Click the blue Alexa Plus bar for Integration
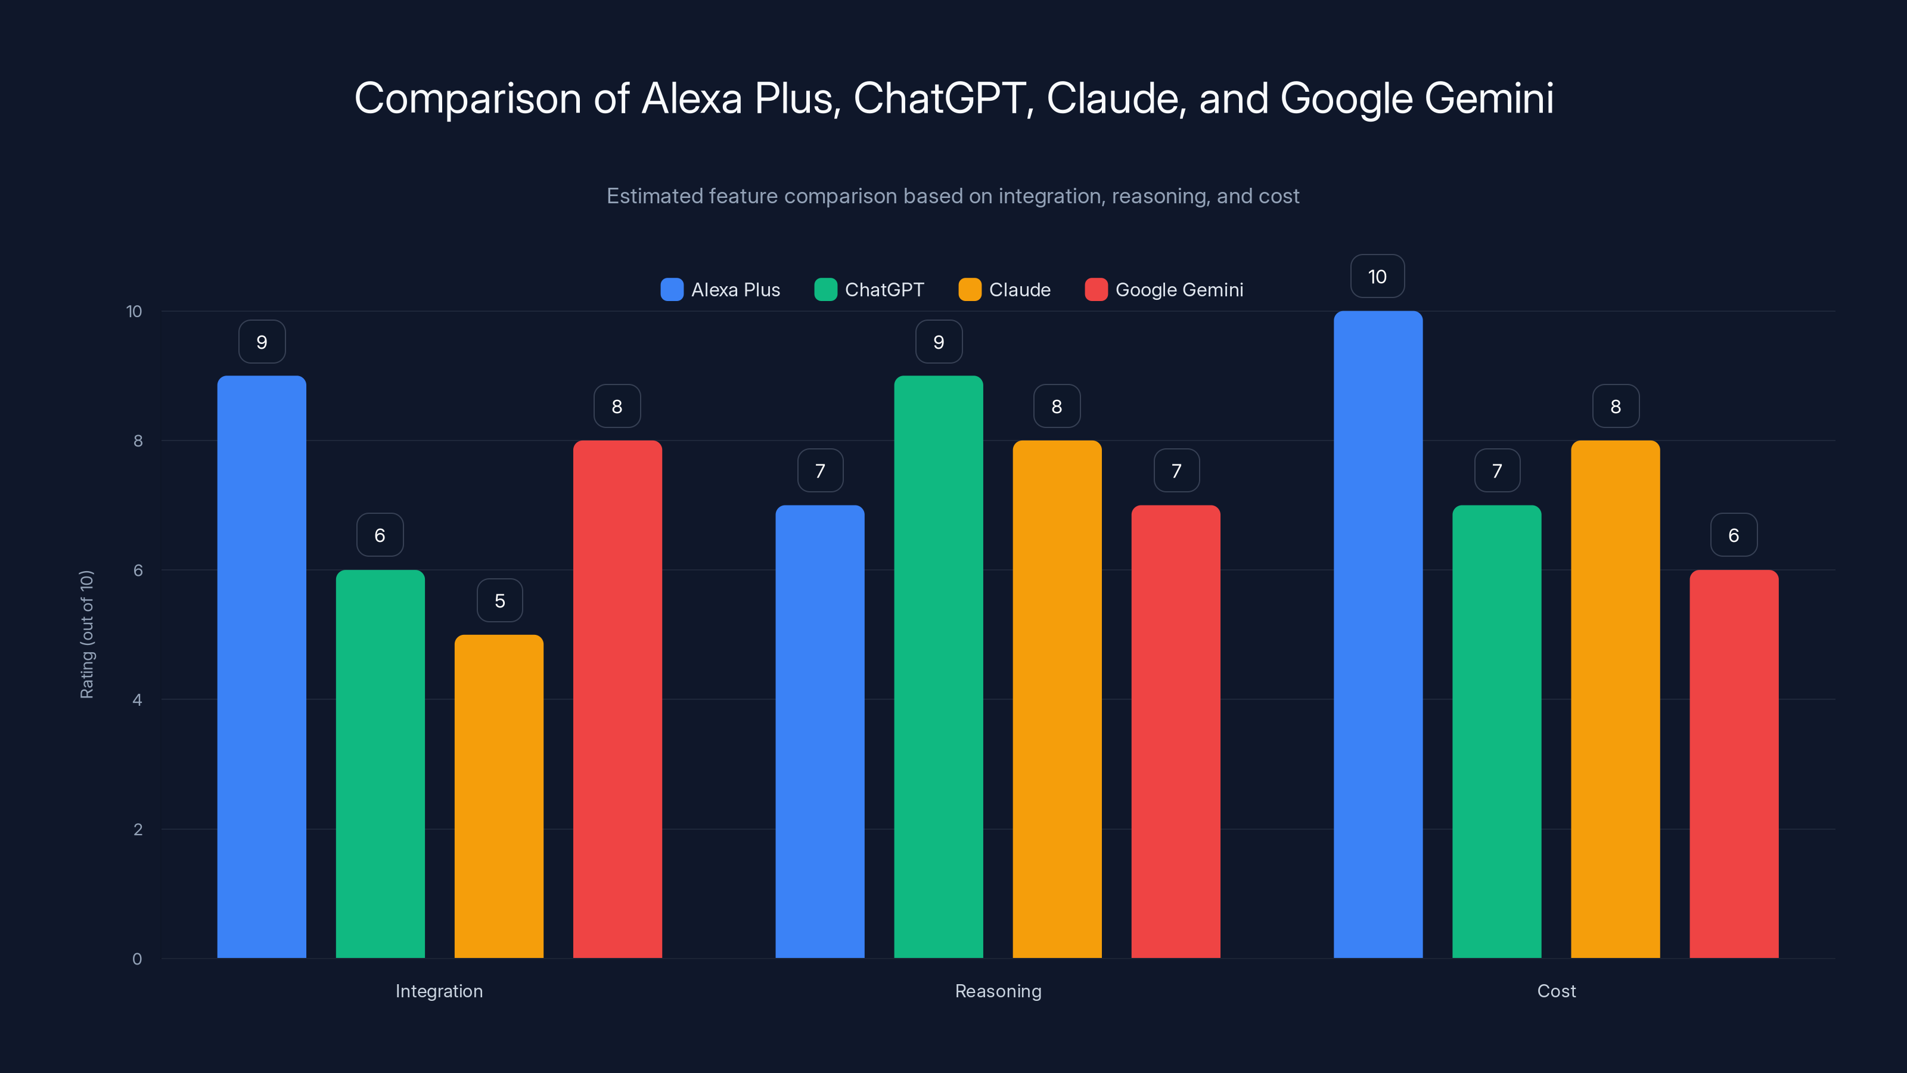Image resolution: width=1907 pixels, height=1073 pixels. [262, 666]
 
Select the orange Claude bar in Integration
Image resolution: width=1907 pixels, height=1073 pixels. [498, 796]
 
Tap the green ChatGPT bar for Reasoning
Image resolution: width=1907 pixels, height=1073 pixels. [938, 666]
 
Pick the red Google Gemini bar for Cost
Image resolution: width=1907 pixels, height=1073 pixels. [1733, 764]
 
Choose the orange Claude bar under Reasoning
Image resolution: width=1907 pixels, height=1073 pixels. [1057, 699]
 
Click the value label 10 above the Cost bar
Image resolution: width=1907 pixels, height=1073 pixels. [1377, 276]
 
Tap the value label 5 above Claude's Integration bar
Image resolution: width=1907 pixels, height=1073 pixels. [500, 600]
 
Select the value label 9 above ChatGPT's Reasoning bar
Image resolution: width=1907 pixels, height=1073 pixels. [939, 342]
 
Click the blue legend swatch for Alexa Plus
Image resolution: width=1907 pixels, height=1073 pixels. [672, 290]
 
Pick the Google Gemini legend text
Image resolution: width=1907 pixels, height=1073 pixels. [1179, 290]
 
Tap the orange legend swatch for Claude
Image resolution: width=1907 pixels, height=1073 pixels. [969, 290]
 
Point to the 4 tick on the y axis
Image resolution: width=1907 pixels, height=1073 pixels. [137, 700]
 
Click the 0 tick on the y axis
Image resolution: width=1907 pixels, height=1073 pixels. [137, 959]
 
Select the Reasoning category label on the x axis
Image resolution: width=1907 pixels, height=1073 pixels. [998, 991]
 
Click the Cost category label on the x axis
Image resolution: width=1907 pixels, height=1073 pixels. [1556, 991]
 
